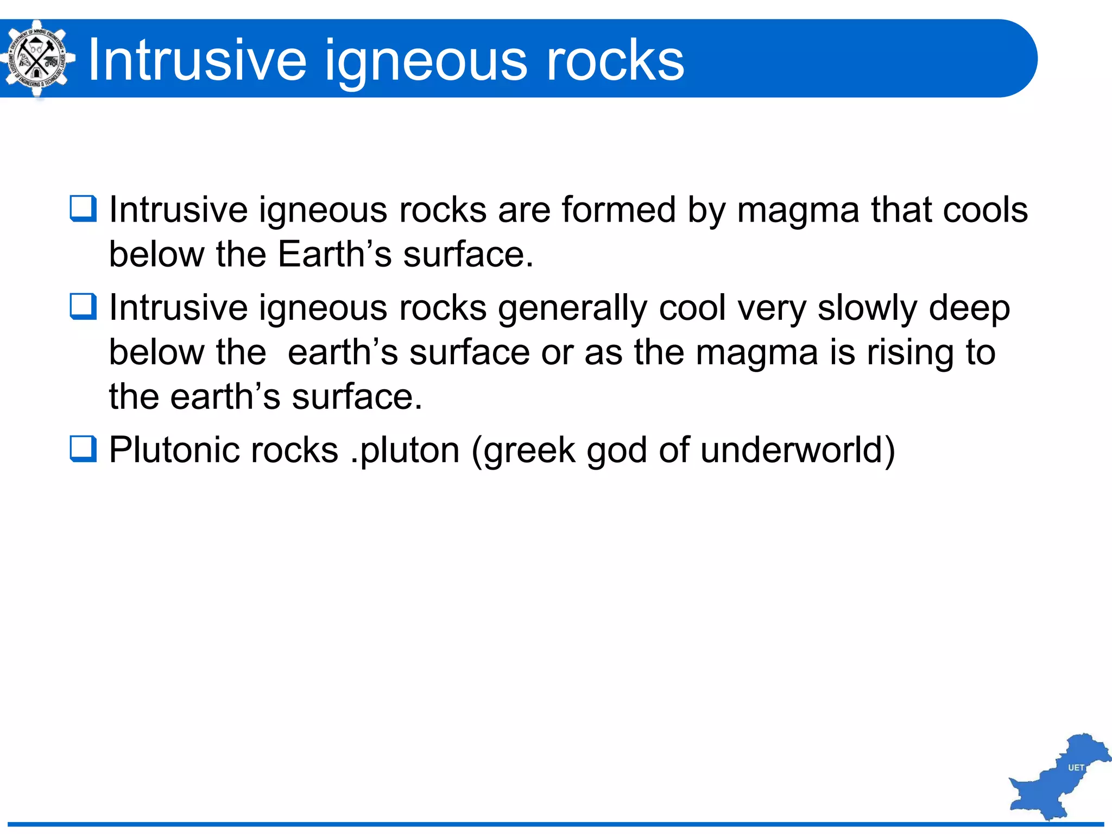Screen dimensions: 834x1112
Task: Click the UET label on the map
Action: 1076,768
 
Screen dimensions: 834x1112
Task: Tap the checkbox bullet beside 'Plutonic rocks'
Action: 83,450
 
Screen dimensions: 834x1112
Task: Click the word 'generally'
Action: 572,308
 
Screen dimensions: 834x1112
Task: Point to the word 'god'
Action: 617,451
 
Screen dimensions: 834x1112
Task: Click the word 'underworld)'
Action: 798,451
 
